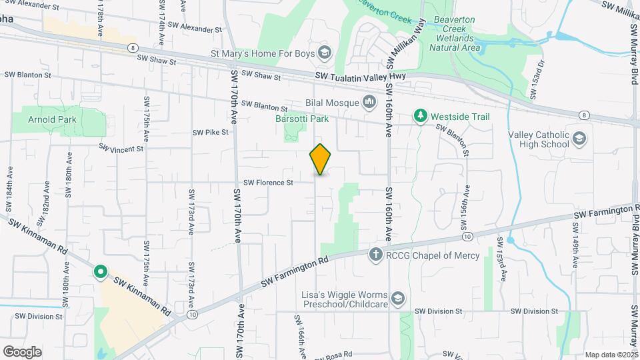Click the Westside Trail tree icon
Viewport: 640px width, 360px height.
click(420, 117)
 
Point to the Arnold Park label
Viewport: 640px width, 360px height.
click(52, 120)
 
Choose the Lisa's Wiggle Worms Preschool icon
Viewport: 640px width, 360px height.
click(398, 297)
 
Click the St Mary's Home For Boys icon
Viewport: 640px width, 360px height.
click(325, 53)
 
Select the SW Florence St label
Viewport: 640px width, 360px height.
click(268, 183)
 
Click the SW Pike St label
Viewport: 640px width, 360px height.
click(211, 133)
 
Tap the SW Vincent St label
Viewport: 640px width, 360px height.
click(121, 147)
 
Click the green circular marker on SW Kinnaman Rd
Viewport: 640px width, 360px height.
click(101, 271)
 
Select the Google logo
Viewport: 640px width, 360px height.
click(22, 351)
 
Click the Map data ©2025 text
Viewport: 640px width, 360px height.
click(611, 355)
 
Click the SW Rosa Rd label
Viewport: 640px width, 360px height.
click(336, 356)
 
